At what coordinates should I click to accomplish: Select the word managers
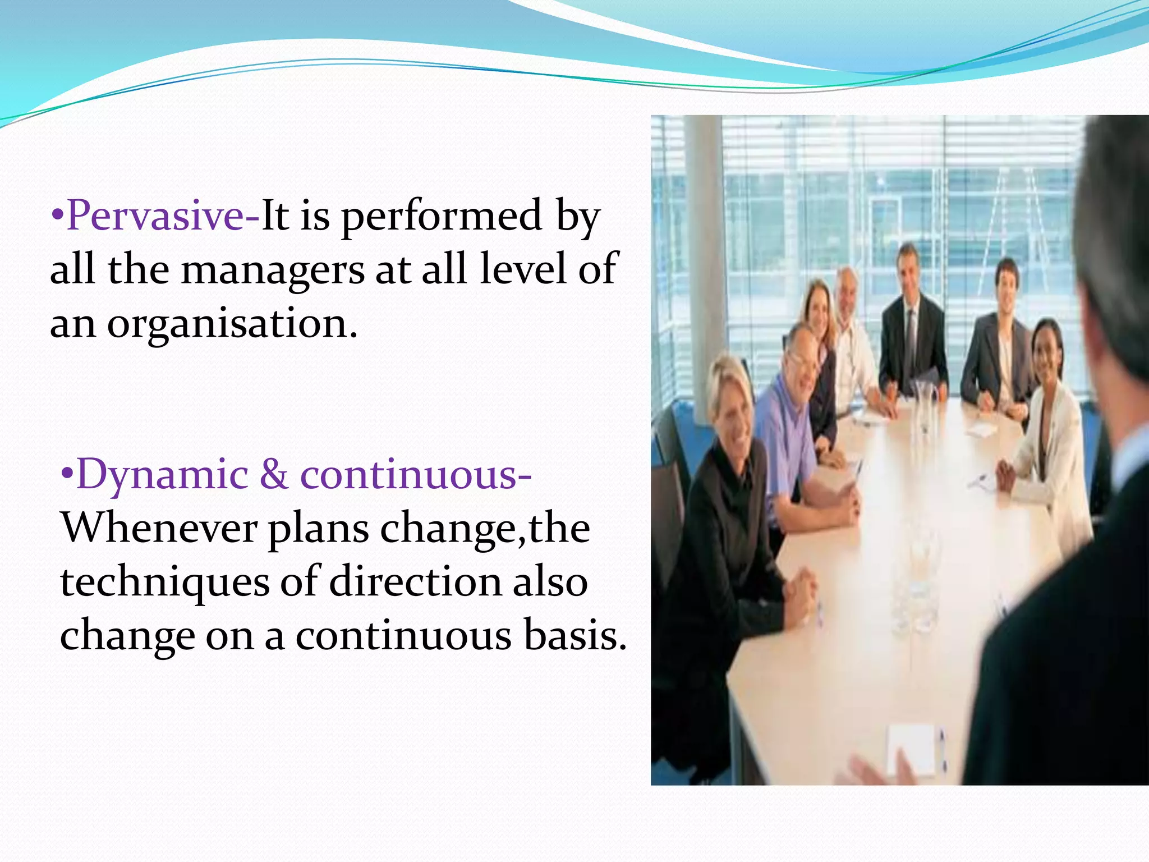(x=273, y=270)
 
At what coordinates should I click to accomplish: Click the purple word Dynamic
(x=162, y=475)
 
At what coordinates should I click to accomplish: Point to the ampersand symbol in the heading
(x=274, y=475)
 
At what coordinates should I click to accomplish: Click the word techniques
(x=165, y=582)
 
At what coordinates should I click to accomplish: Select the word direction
(x=415, y=582)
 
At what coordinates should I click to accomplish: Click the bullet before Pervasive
(x=58, y=216)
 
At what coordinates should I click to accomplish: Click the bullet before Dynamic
(x=67, y=475)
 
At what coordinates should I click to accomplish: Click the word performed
(x=442, y=216)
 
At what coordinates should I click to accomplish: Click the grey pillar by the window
(x=701, y=253)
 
